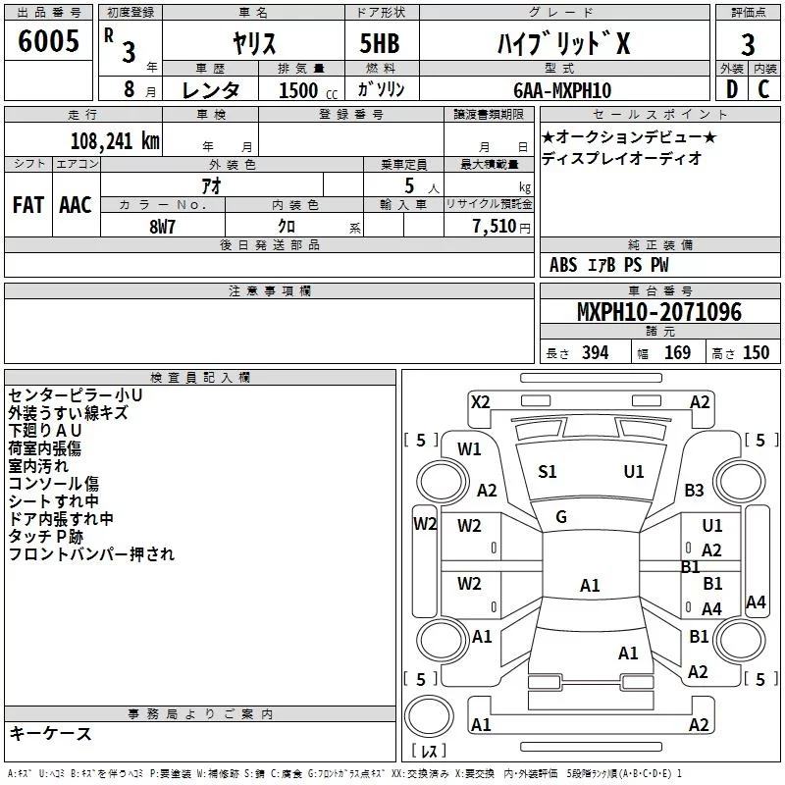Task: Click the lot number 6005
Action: (x=48, y=42)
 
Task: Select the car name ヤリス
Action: (x=253, y=44)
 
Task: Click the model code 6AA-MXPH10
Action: (x=561, y=90)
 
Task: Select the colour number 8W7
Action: (x=163, y=225)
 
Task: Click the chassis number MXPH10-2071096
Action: (x=658, y=312)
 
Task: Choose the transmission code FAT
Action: (x=27, y=204)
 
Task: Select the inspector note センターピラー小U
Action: (x=76, y=395)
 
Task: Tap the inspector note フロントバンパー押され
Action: (x=91, y=554)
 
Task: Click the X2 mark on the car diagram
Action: (x=480, y=401)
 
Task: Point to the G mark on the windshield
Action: (x=561, y=517)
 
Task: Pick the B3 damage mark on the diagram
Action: (x=695, y=491)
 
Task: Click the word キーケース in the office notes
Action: (x=51, y=733)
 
